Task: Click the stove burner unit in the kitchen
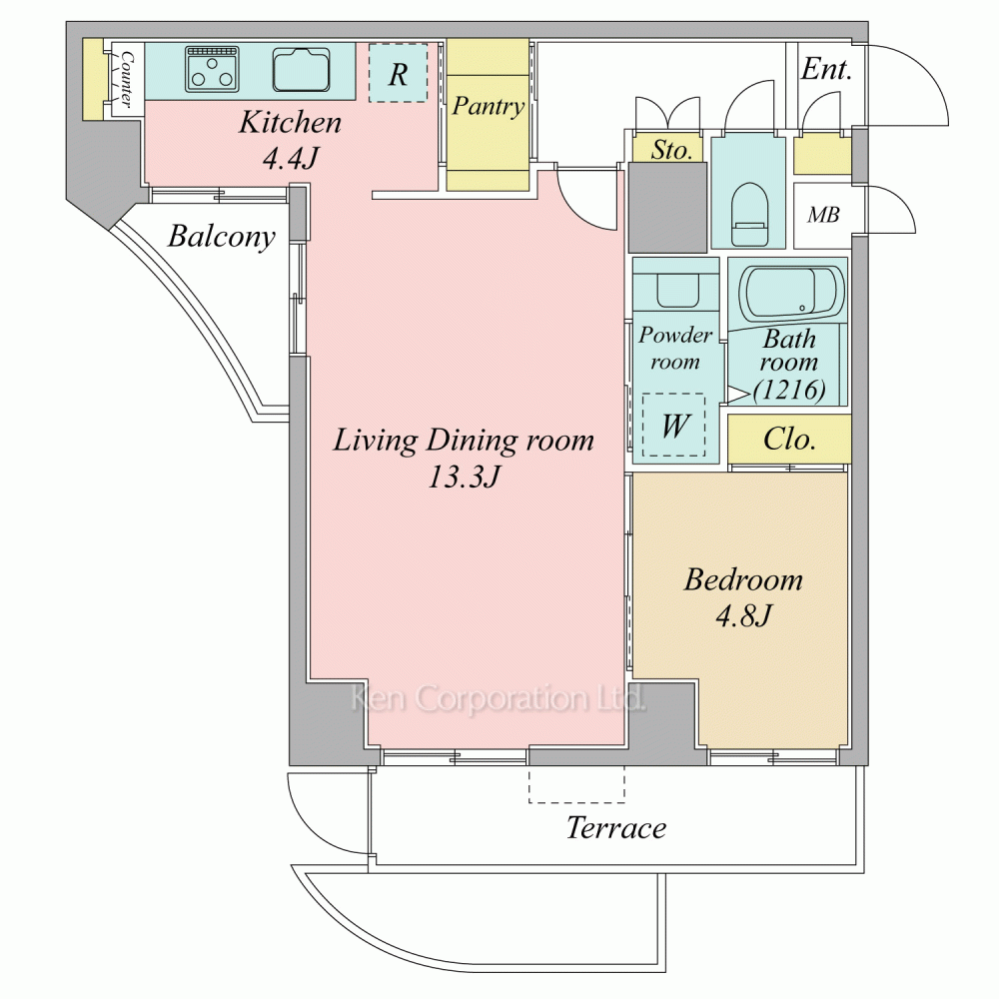point(213,68)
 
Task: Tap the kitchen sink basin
point(302,70)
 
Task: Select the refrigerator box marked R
point(399,73)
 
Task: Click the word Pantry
point(489,107)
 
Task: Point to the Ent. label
point(826,69)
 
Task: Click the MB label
point(823,215)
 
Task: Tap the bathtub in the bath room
point(791,294)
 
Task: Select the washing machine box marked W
point(674,425)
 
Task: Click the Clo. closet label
point(789,439)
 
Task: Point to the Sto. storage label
point(671,151)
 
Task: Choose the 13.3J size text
point(464,477)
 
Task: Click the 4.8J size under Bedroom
point(743,615)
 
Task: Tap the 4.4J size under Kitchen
point(291,158)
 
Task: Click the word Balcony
point(222,237)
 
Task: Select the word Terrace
point(616,827)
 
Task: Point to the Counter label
point(128,79)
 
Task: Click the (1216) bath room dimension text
point(789,389)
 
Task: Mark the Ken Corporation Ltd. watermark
point(499,698)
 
